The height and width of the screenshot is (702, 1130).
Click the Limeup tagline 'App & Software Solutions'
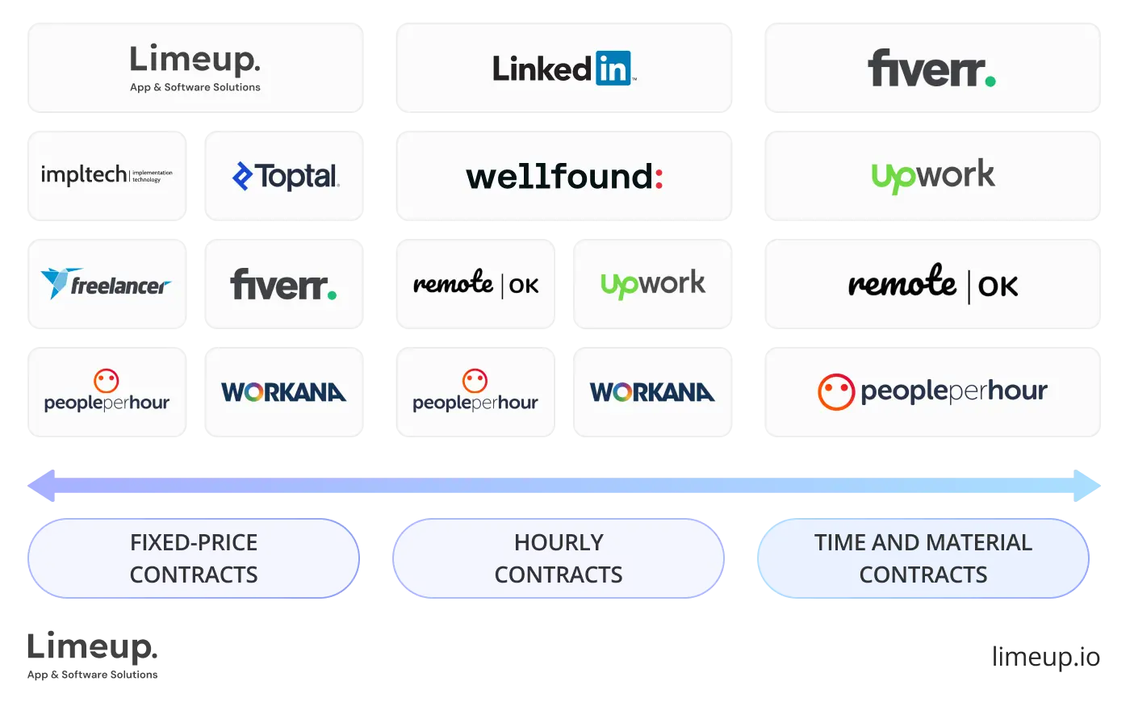pyautogui.click(x=195, y=87)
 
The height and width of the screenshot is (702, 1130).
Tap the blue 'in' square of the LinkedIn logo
pyautogui.click(x=613, y=69)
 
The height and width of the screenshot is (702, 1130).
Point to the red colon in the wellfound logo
pyautogui.click(x=659, y=177)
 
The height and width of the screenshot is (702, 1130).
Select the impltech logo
pyautogui.click(x=107, y=174)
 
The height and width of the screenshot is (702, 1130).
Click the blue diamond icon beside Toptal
pyautogui.click(x=242, y=176)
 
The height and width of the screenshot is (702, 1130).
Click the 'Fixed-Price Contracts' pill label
pyautogui.click(x=194, y=558)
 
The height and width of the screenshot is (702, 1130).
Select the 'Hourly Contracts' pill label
pyautogui.click(x=559, y=558)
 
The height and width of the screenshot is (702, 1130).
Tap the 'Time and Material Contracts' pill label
pyautogui.click(x=923, y=558)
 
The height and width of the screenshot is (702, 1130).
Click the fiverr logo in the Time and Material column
pyautogui.click(x=931, y=69)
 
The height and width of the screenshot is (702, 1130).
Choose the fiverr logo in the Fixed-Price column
pyautogui.click(x=283, y=285)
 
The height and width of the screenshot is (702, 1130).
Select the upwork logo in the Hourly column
pyautogui.click(x=652, y=284)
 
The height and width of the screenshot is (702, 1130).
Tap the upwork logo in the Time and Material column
pyautogui.click(x=933, y=176)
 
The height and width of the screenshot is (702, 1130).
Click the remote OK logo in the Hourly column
pyautogui.click(x=475, y=284)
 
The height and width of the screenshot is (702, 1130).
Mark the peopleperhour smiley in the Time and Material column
pyautogui.click(x=835, y=392)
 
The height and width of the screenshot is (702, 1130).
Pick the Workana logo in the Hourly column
pyautogui.click(x=652, y=393)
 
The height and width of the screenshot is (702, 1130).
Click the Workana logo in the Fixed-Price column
pyautogui.click(x=283, y=393)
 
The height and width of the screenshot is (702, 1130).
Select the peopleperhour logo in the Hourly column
pyautogui.click(x=475, y=392)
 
